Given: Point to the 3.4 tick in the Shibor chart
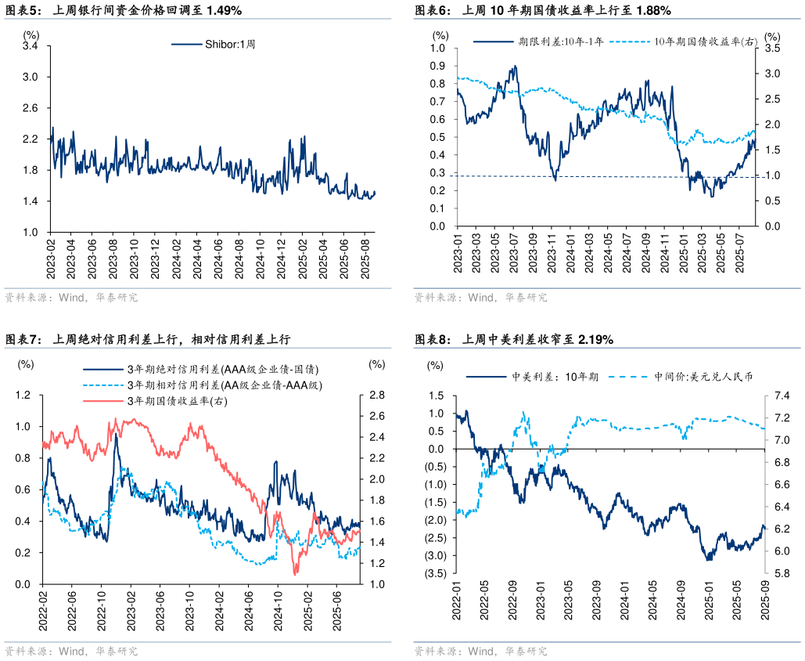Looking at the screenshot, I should click(x=31, y=47).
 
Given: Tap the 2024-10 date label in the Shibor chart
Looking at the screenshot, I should click(x=259, y=253).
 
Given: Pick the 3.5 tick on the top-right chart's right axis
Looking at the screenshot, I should click(x=772, y=49).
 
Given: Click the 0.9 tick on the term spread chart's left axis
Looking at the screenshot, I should click(x=438, y=66).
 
